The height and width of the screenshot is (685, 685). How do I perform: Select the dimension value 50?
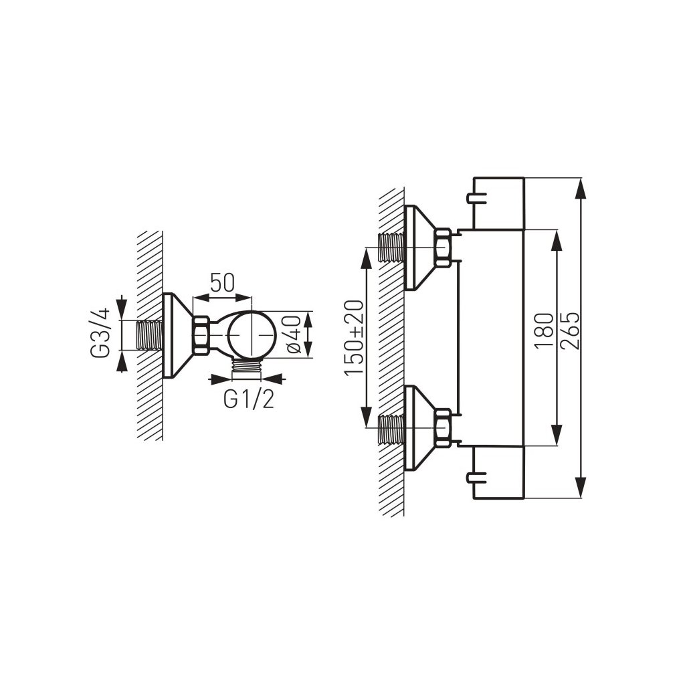(222, 283)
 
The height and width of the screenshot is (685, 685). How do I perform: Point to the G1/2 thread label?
(248, 399)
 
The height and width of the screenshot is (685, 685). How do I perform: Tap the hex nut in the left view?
(201, 334)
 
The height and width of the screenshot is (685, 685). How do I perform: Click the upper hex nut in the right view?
(442, 247)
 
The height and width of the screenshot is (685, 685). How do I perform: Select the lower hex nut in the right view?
(442, 427)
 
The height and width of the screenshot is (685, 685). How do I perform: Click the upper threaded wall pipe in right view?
(391, 247)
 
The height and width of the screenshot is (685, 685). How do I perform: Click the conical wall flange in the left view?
(175, 334)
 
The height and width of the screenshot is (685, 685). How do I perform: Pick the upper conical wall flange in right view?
(418, 247)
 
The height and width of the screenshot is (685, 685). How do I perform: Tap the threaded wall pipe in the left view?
(151, 334)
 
